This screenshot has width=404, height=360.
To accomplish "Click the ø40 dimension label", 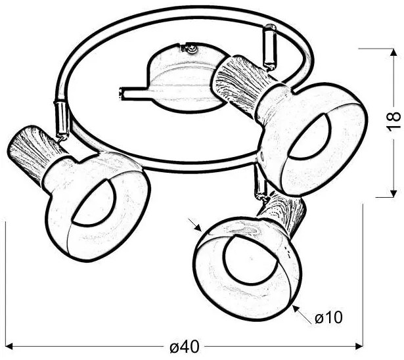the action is tap(184, 347).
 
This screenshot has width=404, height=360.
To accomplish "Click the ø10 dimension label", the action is tap(328, 317).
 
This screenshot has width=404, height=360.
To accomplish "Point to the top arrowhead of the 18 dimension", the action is tap(393, 52).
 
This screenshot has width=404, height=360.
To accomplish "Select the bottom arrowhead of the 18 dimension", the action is tap(393, 194).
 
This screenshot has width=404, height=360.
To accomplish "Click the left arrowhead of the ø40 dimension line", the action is tap(9, 346).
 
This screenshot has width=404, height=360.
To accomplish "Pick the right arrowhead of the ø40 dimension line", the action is tap(359, 346).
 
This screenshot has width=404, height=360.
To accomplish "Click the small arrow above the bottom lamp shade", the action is tap(195, 225).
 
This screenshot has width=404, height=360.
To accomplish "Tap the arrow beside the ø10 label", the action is tap(302, 314).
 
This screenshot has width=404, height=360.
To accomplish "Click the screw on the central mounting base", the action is tap(192, 49).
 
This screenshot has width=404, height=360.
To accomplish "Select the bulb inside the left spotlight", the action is tap(95, 204).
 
